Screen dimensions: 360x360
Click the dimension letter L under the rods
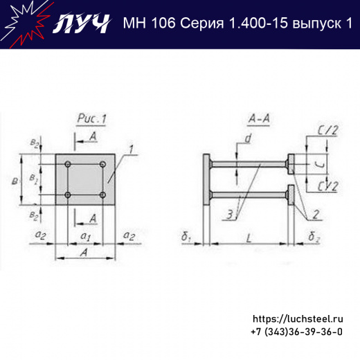point(250,237)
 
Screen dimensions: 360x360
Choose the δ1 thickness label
point(187,237)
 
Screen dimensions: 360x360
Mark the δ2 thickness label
point(314,237)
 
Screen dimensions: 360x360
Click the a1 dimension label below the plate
point(84,237)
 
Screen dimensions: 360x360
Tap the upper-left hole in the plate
point(67,165)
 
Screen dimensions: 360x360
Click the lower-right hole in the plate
point(102,196)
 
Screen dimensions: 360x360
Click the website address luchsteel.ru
point(298,319)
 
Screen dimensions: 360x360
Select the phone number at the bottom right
point(296,332)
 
